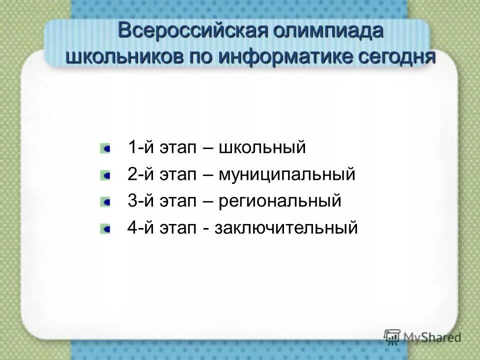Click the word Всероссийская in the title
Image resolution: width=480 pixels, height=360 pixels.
[193, 31]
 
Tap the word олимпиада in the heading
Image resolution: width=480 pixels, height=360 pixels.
[328, 31]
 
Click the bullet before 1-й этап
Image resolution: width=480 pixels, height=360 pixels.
[105, 148]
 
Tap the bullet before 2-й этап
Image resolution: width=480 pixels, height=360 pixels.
[105, 175]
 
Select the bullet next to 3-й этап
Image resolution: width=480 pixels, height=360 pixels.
[105, 202]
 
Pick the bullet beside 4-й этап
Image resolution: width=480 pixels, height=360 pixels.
[105, 229]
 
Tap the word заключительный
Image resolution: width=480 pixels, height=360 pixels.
[286, 228]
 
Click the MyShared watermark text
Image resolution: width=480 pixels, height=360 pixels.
[432, 337]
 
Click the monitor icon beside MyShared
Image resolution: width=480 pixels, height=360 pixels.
[392, 336]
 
